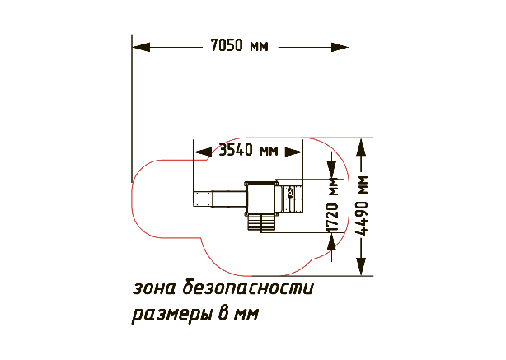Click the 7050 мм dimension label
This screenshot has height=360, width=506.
[x=239, y=45]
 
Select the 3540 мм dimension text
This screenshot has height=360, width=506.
[x=248, y=150]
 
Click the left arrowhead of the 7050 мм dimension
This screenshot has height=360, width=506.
[x=141, y=47]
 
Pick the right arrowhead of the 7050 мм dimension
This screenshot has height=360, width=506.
[x=340, y=47]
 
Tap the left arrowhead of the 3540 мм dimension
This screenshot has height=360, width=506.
[x=203, y=152]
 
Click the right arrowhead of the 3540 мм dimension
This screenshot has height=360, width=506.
[x=293, y=152]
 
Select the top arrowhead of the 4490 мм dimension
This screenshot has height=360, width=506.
[x=362, y=147]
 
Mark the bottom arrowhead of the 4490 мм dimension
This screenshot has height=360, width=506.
[x=362, y=267]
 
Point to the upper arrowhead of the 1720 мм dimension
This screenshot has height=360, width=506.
[x=332, y=170]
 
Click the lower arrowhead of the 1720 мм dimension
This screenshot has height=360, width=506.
[x=332, y=241]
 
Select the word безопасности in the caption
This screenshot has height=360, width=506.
[x=248, y=287]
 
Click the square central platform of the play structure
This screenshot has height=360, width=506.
[x=260, y=199]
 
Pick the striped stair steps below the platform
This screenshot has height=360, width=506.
[x=261, y=222]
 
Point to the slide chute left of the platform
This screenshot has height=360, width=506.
[x=227, y=199]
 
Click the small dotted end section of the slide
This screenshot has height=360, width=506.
[x=203, y=199]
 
